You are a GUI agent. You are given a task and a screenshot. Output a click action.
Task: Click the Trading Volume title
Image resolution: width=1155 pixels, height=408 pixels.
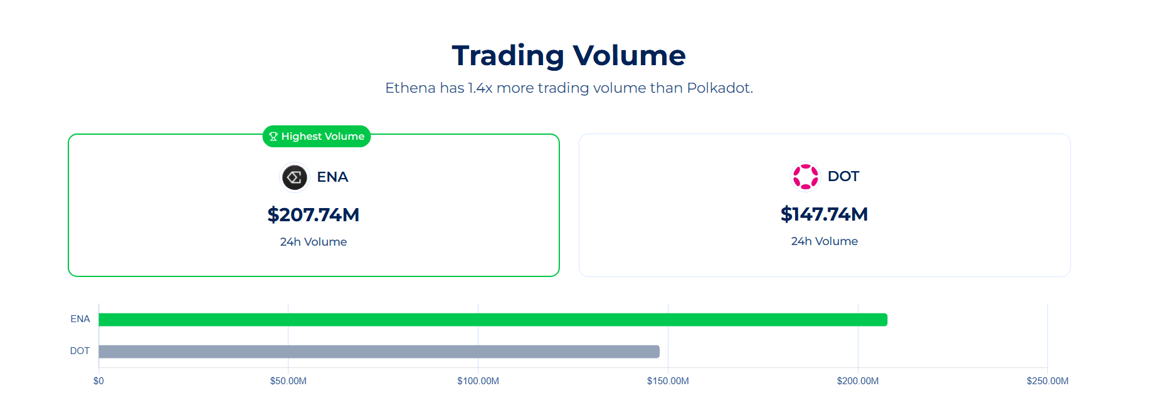click(569, 55)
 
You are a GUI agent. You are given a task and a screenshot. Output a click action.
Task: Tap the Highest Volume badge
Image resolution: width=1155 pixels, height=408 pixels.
click(317, 136)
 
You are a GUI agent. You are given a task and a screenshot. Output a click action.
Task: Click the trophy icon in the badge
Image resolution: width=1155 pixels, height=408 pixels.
click(273, 137)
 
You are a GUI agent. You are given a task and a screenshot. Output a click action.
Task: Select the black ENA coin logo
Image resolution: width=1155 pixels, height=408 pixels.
click(295, 177)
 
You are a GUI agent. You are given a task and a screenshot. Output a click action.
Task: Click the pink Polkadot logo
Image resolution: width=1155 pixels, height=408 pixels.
click(806, 177)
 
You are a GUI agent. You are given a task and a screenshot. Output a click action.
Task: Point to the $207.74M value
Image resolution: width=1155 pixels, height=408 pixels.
click(314, 215)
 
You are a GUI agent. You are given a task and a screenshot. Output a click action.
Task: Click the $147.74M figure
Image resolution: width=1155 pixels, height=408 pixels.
click(824, 214)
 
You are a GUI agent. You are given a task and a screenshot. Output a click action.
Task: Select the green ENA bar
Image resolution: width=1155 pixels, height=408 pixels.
click(493, 320)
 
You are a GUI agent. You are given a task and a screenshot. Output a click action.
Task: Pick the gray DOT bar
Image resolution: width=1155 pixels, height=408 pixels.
click(379, 352)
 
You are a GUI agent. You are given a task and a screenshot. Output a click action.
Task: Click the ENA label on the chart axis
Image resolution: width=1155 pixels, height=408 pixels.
click(80, 319)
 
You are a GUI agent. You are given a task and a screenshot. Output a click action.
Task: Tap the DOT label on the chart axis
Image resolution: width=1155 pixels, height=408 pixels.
click(80, 351)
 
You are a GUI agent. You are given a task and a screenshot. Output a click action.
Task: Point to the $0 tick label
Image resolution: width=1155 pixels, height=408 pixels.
click(98, 381)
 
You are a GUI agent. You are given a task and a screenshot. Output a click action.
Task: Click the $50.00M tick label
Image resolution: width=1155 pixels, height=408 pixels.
click(288, 381)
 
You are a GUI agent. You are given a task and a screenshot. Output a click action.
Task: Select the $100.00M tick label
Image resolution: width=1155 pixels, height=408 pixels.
click(478, 381)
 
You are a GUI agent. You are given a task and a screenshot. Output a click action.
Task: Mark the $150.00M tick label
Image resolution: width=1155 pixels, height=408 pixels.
click(668, 381)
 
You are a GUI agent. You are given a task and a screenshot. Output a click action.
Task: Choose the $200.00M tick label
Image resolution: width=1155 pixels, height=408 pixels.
click(858, 381)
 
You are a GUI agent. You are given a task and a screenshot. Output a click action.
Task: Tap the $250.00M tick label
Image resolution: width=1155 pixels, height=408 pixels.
click(1047, 381)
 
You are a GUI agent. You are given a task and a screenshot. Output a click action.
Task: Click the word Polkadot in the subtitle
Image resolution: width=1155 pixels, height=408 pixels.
click(719, 88)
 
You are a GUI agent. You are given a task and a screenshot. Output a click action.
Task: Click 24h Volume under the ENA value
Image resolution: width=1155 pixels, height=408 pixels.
click(314, 242)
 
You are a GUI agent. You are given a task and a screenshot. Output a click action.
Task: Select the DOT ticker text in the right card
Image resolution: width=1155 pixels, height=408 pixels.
click(843, 177)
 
